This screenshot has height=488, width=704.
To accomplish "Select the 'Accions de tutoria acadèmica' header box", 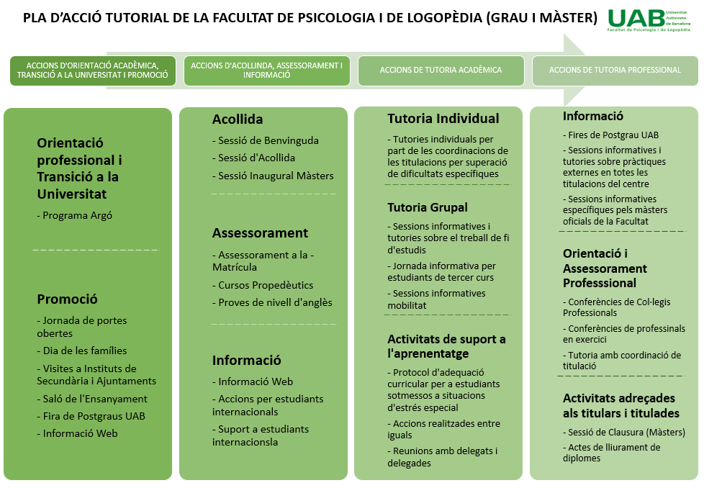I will pyautogui.click(x=441, y=71).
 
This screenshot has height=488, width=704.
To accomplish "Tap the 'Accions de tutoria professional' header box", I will pyautogui.click(x=615, y=71).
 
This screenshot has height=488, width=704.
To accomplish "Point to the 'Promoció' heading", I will pyautogui.click(x=67, y=299).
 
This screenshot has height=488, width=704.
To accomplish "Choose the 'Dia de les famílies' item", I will pyautogui.click(x=84, y=351).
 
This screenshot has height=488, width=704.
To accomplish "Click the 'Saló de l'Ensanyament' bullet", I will pyautogui.click(x=94, y=399).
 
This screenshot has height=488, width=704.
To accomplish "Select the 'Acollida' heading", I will pyautogui.click(x=238, y=119).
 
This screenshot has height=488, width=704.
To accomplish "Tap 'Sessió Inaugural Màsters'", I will pyautogui.click(x=276, y=176).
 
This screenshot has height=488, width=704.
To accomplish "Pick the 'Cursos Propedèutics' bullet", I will pyautogui.click(x=265, y=285).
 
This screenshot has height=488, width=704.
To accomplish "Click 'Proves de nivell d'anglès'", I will pyautogui.click(x=275, y=302).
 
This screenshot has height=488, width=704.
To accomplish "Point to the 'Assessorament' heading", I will pyautogui.click(x=260, y=233).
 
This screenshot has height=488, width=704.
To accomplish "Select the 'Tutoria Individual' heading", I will pyautogui.click(x=443, y=119).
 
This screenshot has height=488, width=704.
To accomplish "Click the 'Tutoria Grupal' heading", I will pyautogui.click(x=427, y=207).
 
